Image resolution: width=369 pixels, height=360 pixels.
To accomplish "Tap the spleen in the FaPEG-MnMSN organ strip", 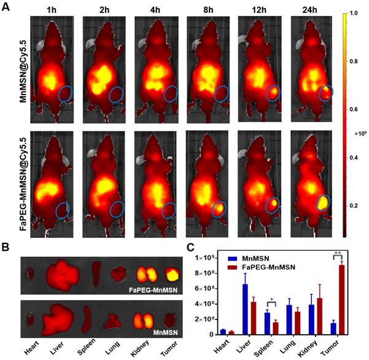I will (95, 272).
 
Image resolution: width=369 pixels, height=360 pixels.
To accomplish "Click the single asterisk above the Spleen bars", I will (271, 302).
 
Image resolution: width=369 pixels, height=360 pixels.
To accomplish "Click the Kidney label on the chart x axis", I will (324, 347).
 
